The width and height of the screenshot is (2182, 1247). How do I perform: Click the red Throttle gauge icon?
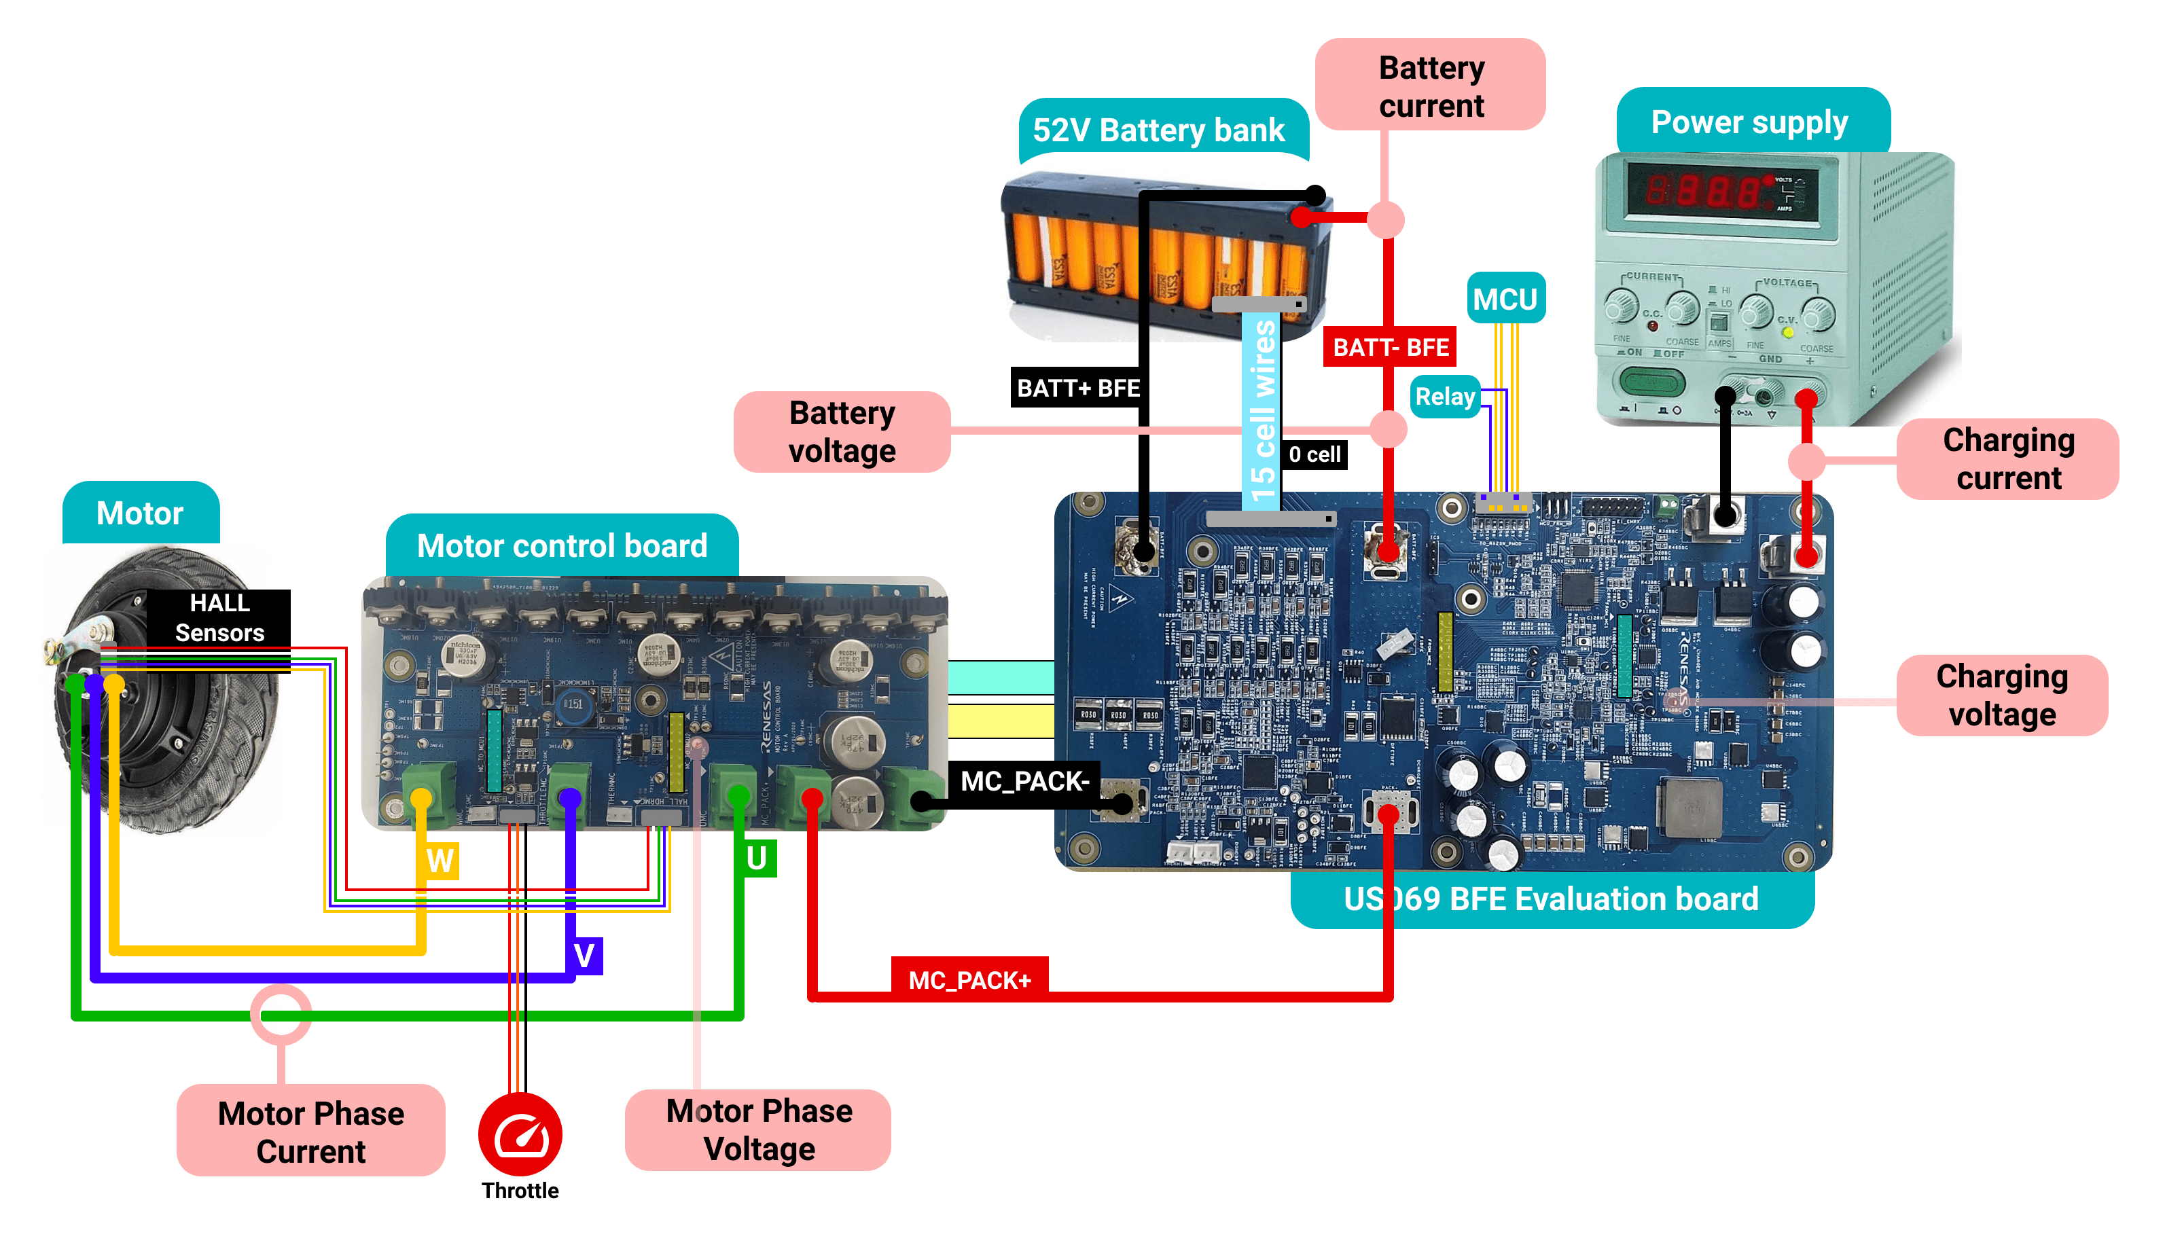pyautogui.click(x=520, y=1134)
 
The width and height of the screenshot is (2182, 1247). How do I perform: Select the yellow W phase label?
pyautogui.click(x=440, y=860)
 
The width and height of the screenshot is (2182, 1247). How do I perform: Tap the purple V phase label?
pyautogui.click(x=585, y=955)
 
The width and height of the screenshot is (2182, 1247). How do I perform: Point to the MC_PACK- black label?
pyautogui.click(x=1024, y=781)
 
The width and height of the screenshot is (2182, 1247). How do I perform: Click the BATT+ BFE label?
pyautogui.click(x=1078, y=388)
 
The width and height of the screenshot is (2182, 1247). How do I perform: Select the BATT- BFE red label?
pyautogui.click(x=1391, y=347)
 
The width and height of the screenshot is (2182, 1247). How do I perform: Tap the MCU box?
pyautogui.click(x=1505, y=299)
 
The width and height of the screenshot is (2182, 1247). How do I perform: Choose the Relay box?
pyautogui.click(x=1445, y=397)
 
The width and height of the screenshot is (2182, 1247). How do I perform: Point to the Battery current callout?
pyautogui.click(x=1431, y=86)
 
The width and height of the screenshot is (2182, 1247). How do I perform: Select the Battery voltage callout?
pyautogui.click(x=842, y=432)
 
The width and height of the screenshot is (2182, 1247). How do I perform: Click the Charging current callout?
pyautogui.click(x=2008, y=459)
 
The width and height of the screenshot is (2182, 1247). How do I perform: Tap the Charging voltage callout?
pyautogui.click(x=2002, y=695)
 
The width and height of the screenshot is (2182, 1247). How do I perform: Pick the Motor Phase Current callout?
pyautogui.click(x=311, y=1132)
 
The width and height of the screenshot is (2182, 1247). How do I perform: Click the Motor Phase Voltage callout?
pyautogui.click(x=759, y=1129)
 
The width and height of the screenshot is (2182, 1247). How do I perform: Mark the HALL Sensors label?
pyautogui.click(x=219, y=617)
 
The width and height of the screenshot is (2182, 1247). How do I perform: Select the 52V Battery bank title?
pyautogui.click(x=1159, y=130)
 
